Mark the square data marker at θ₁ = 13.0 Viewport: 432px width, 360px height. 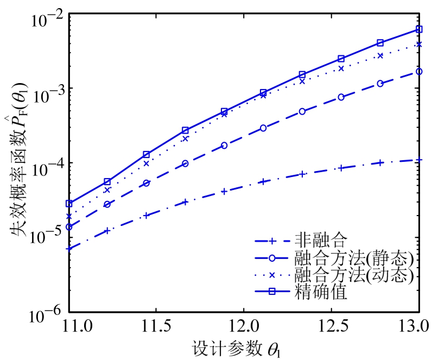pyautogui.click(x=419, y=29)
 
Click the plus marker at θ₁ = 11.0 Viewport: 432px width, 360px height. pyautogui.click(x=69, y=249)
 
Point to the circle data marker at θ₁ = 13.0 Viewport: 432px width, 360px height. pyautogui.click(x=419, y=71)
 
